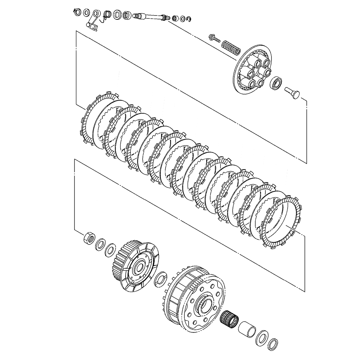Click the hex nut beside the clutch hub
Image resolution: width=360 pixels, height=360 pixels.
89,238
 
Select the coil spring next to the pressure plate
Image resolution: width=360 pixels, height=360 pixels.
229,46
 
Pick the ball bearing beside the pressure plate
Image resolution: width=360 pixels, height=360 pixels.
277,82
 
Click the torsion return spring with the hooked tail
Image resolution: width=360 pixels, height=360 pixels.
106,16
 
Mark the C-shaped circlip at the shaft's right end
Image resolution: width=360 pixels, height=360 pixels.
189,19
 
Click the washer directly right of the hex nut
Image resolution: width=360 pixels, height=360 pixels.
100,245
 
